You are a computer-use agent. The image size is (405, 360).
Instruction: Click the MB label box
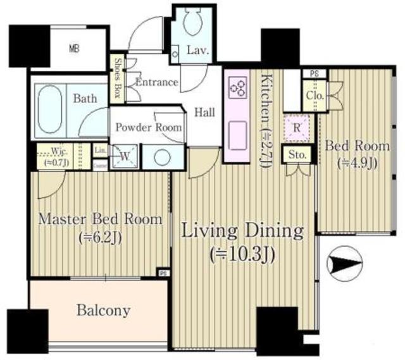[74, 49]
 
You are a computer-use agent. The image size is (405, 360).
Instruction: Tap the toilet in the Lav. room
[191, 26]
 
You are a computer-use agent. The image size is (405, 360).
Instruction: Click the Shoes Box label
[118, 78]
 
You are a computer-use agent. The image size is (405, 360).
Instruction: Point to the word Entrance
[157, 82]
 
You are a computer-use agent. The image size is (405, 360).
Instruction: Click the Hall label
[204, 112]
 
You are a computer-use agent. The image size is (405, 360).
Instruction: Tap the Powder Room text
[148, 127]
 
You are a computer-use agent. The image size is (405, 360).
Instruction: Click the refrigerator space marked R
[296, 125]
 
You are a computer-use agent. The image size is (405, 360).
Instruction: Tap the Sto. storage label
[297, 154]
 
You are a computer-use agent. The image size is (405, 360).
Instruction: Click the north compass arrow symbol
[344, 262]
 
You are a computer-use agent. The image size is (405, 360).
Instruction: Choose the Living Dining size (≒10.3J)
[242, 255]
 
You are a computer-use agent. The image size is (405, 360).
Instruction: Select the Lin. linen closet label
[100, 151]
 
